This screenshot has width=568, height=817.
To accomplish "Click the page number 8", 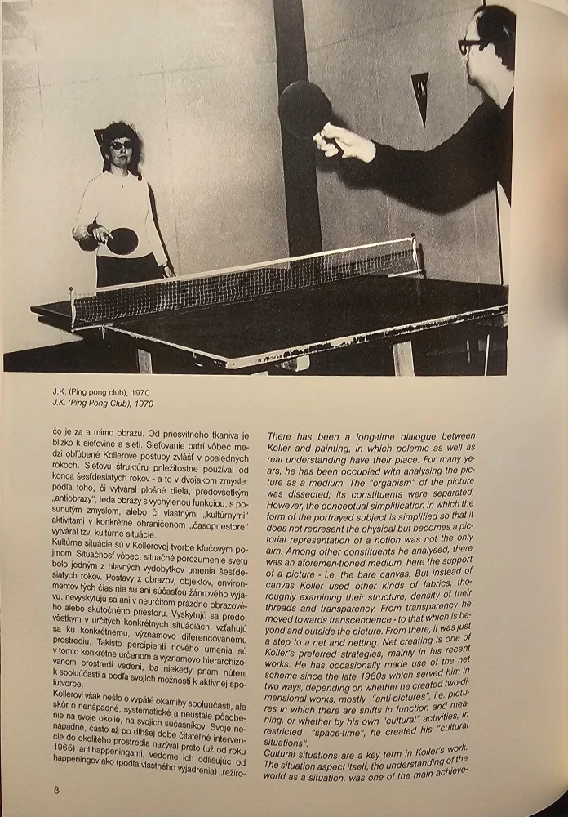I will [x=56, y=790].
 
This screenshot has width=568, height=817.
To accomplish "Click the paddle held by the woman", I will [x=122, y=240].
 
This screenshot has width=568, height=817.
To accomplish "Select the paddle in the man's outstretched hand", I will [x=304, y=109].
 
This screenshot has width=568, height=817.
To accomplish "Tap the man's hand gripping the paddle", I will [x=343, y=141].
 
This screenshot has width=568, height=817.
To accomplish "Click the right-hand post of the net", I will [x=415, y=254].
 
